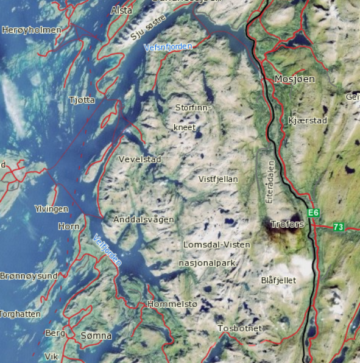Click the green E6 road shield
[x=314, y=213]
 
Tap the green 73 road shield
[x=339, y=227]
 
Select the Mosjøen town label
[x=295, y=79]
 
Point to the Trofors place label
[x=286, y=224]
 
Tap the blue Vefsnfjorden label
[x=168, y=47]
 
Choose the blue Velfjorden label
[x=108, y=250]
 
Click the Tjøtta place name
[x=82, y=100]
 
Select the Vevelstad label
[x=139, y=159]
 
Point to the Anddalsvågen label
[x=144, y=219]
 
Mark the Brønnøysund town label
[x=29, y=275]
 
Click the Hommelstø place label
[x=172, y=304]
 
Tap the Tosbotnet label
[x=240, y=328]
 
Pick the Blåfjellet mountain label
[x=278, y=281]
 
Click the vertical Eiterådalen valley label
[x=271, y=181]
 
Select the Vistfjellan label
[x=218, y=179]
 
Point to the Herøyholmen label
[x=32, y=30]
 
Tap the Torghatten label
[x=20, y=314]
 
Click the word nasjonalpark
[x=208, y=263]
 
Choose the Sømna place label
[x=96, y=336]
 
